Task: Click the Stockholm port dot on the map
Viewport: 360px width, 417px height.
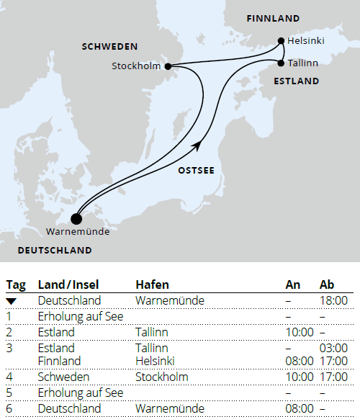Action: point(168,66)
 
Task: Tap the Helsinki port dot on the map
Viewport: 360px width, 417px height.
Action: point(281,41)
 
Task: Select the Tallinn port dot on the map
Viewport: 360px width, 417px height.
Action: point(281,63)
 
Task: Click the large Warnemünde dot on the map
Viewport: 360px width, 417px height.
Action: point(77,219)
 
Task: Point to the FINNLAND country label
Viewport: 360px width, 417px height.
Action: point(273,17)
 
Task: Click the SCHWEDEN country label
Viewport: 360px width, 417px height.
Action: point(109,46)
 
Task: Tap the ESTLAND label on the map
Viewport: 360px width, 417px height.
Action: point(296,81)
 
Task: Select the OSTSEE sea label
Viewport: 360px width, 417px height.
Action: point(197,171)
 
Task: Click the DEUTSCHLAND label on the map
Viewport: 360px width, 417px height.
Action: point(55,251)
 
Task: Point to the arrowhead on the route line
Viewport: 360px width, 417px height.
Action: point(195,146)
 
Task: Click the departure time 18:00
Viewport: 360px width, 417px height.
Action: point(333,300)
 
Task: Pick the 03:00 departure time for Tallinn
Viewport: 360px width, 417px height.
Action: point(333,348)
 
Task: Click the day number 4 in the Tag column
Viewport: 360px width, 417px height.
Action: point(10,377)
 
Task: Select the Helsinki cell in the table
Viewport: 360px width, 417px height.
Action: point(156,361)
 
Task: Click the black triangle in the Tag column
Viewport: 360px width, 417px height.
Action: point(11,300)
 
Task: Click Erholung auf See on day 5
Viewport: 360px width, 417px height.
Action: point(81,393)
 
